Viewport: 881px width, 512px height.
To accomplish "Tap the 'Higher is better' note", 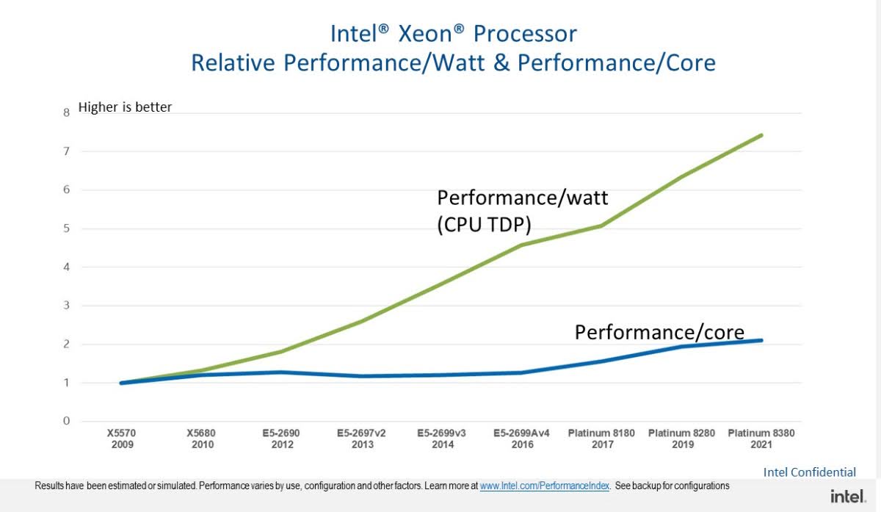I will [x=125, y=107].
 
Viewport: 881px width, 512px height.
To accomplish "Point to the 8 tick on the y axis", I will [x=66, y=112].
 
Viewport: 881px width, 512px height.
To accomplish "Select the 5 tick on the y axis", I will [x=66, y=228].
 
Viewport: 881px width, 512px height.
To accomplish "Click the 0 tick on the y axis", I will [x=66, y=422].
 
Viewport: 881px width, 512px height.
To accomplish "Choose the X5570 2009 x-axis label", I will [x=123, y=439].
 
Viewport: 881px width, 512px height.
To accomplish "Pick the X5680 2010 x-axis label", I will [x=203, y=439].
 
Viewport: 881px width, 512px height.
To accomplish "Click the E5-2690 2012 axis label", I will [x=281, y=439].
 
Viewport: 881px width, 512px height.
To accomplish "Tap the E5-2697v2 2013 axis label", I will [x=363, y=439].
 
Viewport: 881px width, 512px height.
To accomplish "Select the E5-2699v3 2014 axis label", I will [x=443, y=439].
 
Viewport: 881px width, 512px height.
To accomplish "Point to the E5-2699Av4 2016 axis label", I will [x=521, y=439].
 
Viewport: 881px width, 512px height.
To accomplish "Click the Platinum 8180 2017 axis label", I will [x=601, y=439].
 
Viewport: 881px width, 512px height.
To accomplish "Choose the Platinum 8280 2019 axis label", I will [x=681, y=439].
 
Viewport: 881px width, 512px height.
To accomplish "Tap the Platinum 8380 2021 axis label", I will [x=761, y=439].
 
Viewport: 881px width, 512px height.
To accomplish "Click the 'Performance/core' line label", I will [x=659, y=332].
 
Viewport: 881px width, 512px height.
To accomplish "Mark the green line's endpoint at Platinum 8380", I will [x=762, y=135].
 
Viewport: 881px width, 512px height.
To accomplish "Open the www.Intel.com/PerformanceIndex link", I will [x=545, y=486].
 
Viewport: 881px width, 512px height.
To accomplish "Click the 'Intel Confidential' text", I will [x=810, y=472].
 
